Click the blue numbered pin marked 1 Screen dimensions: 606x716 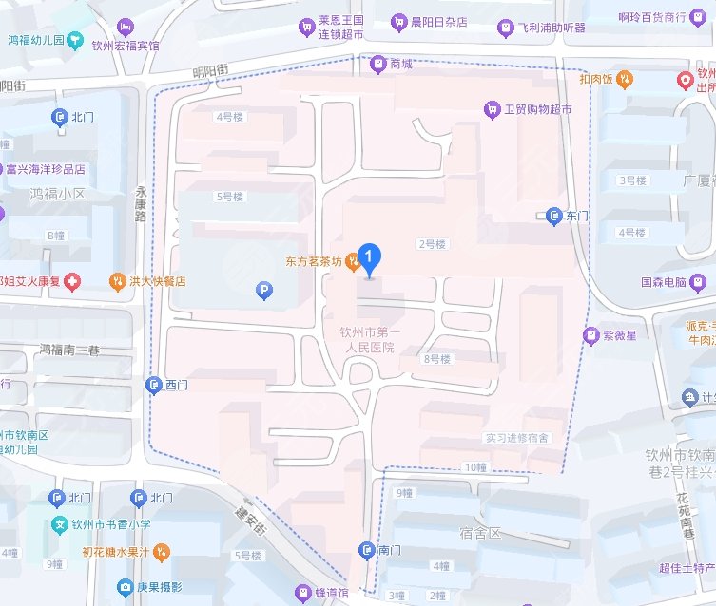[370, 256]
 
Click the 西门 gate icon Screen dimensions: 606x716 [154, 385]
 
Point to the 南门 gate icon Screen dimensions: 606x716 [366, 550]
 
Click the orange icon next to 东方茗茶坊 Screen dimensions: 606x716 [353, 260]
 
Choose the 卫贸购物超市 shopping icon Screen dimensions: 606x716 [492, 109]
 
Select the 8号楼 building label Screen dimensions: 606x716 [437, 359]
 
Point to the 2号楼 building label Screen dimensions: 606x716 [432, 244]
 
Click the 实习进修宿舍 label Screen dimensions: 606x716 [516, 438]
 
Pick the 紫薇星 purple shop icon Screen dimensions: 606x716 [590, 334]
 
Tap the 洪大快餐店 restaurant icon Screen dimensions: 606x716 [116, 281]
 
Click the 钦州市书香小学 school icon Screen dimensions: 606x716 [59, 524]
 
